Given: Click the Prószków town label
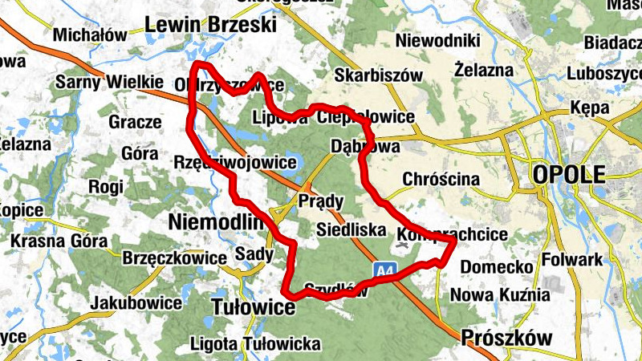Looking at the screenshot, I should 507,338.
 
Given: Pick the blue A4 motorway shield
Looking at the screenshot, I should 385,271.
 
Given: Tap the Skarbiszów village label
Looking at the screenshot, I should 379,75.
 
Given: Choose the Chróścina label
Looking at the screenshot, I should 442,178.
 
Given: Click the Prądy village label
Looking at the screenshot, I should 321,201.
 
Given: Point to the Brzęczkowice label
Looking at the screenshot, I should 175,258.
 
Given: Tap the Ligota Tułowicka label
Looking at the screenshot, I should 255,344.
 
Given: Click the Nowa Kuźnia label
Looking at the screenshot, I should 499,294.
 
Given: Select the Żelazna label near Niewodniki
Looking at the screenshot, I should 483,70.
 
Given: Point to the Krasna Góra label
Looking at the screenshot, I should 60,241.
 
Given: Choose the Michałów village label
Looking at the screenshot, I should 90,35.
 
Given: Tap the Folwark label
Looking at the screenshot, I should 572,260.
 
